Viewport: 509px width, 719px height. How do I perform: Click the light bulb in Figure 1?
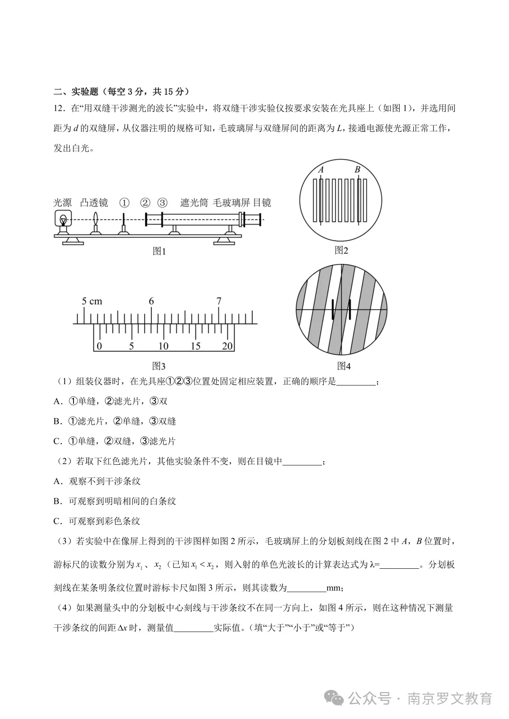(x=62, y=219)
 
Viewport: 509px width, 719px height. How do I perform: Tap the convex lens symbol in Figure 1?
(x=96, y=219)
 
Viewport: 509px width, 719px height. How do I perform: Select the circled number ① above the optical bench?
(x=124, y=203)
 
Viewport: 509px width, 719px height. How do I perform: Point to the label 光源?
(x=62, y=203)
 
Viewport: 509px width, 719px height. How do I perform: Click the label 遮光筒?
(x=194, y=203)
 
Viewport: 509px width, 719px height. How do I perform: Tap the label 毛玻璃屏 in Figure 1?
(x=231, y=203)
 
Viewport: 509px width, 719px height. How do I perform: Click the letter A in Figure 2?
(x=321, y=170)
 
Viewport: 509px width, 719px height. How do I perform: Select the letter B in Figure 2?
(x=357, y=170)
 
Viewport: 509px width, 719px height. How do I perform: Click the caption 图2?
(x=341, y=250)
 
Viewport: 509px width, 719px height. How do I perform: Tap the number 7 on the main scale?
(x=219, y=301)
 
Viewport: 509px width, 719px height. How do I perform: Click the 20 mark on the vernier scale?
(x=227, y=347)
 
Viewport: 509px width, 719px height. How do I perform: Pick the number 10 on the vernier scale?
(x=163, y=347)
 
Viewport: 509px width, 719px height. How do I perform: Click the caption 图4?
(x=344, y=366)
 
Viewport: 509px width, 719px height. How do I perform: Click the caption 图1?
(x=159, y=251)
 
